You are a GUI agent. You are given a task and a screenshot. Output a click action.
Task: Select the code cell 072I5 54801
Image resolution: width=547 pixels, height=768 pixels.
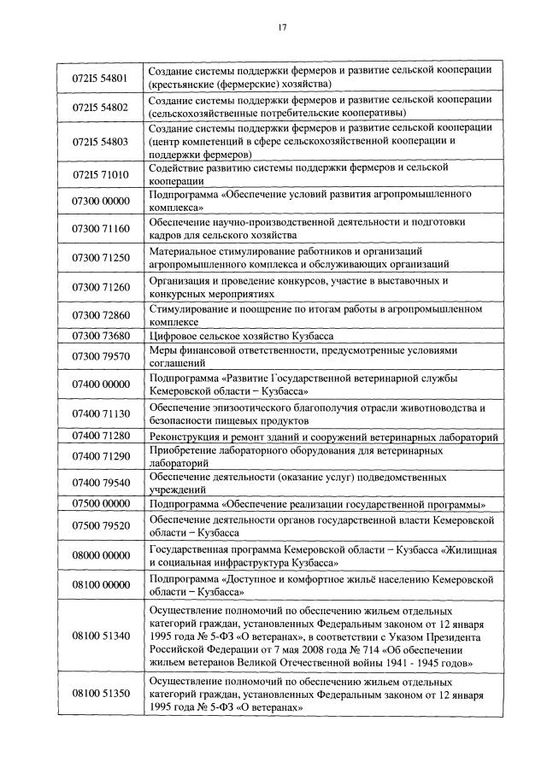click(x=101, y=78)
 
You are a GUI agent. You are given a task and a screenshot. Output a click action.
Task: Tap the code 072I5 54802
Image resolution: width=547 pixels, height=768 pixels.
click(x=101, y=107)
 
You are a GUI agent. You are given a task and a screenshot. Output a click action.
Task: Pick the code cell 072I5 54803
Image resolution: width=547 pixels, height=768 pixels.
click(x=101, y=142)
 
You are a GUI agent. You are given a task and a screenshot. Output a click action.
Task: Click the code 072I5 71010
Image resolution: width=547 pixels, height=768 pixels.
click(x=101, y=174)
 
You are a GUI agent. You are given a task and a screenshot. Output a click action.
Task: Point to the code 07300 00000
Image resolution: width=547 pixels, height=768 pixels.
click(x=101, y=201)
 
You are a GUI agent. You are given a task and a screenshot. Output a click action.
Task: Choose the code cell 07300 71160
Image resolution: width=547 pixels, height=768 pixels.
click(x=101, y=229)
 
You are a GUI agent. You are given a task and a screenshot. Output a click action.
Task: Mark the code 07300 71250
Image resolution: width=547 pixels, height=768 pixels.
click(x=101, y=257)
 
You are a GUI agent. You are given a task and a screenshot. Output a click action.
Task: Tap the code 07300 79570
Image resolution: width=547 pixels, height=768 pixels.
click(x=101, y=356)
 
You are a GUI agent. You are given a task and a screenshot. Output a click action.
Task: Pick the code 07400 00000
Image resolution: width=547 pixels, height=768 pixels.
click(x=101, y=384)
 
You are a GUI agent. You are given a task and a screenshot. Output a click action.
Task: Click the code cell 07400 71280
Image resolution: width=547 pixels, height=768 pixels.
click(x=101, y=437)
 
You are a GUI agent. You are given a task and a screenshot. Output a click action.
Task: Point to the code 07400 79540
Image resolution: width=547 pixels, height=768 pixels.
click(x=101, y=483)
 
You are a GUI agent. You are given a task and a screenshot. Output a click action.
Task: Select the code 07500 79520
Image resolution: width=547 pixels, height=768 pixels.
click(x=101, y=525)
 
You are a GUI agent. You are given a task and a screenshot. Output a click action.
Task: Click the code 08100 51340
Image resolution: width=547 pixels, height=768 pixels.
click(x=101, y=636)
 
